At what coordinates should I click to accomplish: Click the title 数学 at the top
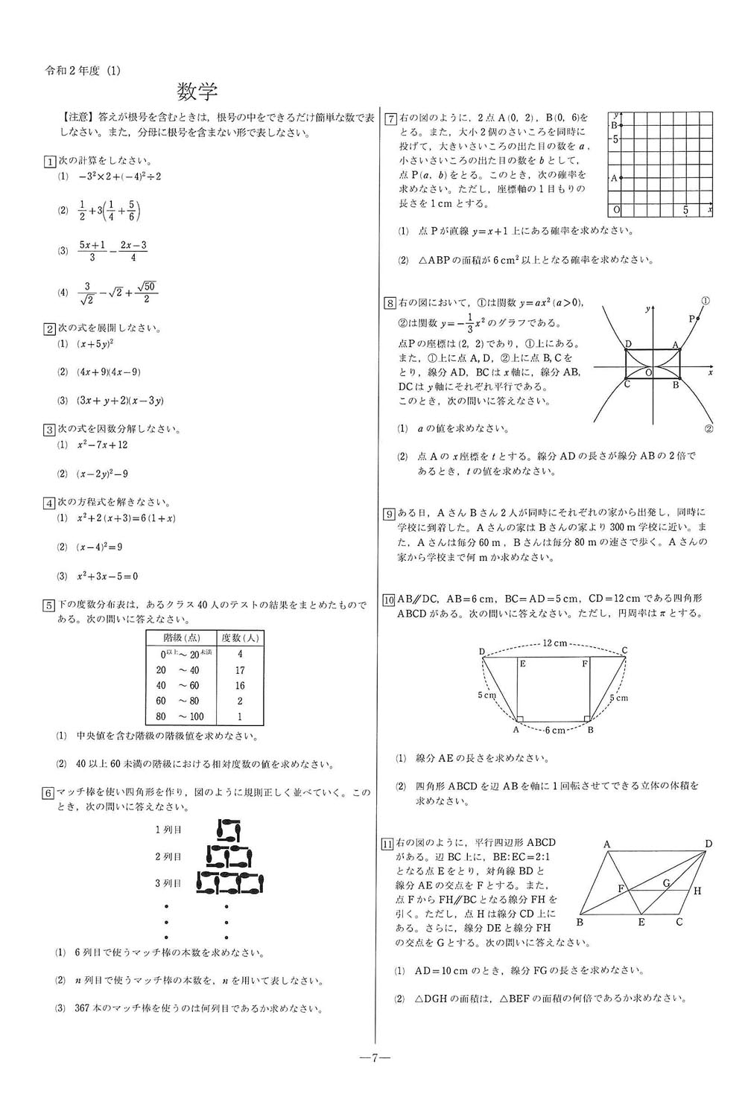(197, 92)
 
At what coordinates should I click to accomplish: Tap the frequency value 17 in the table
(239, 670)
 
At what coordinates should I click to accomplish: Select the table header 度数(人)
(239, 638)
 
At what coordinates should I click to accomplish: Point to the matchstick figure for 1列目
(229, 829)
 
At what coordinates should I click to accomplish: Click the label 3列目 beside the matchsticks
(168, 883)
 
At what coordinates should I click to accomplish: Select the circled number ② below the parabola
(708, 428)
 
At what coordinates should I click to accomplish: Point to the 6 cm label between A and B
(554, 731)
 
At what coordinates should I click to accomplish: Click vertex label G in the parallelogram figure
(666, 883)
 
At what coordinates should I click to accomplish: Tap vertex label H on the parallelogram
(697, 891)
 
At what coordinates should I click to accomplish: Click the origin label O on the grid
(615, 210)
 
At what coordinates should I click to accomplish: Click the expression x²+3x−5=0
(108, 576)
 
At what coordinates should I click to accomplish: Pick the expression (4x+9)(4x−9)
(109, 372)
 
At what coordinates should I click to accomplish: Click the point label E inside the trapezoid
(523, 663)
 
